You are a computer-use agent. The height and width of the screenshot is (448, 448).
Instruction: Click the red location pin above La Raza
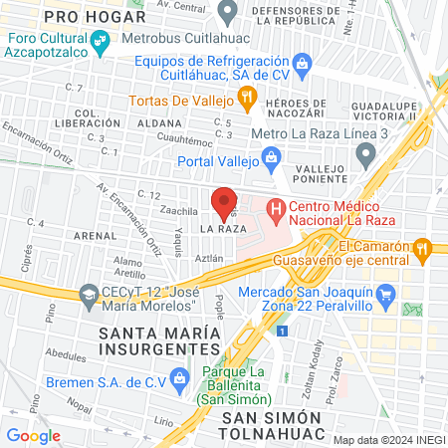coord(224,202)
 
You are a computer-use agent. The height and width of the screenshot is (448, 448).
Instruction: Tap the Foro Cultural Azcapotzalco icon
coord(99,42)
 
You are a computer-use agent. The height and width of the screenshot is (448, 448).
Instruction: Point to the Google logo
coord(33,435)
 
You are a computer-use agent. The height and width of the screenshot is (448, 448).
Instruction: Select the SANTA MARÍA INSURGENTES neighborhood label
coord(159,339)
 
